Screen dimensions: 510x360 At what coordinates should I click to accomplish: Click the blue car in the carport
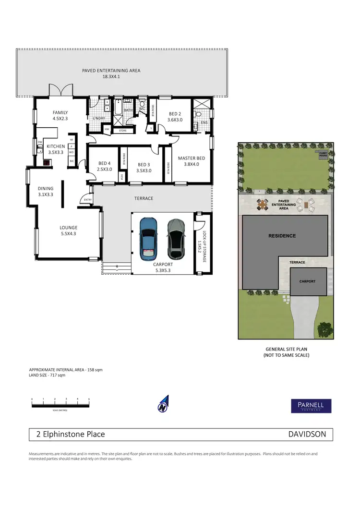point(149,239)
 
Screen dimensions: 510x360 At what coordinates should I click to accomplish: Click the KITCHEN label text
point(56,149)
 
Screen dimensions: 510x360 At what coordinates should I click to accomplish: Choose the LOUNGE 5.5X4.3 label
point(69,231)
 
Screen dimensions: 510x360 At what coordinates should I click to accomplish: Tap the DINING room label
point(46,192)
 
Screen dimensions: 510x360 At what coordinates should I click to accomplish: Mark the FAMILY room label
point(60,116)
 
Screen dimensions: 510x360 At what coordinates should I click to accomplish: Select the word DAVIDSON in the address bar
point(307,434)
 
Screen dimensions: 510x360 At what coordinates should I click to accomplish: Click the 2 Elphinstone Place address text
point(71,434)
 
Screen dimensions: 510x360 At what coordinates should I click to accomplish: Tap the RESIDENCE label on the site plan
point(282,236)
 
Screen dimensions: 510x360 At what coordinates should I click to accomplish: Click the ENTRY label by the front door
point(87,200)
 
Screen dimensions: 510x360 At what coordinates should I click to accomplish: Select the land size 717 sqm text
point(47,375)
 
